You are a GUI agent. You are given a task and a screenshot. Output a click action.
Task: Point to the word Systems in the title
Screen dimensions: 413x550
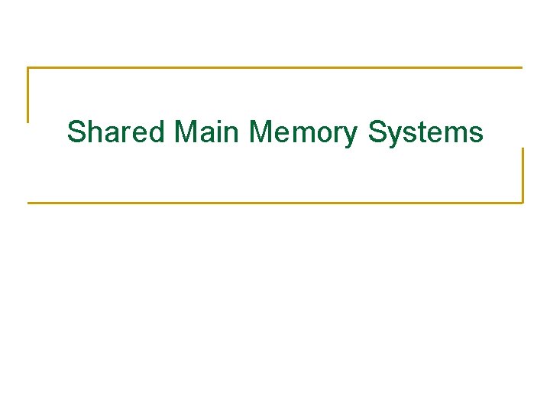[425, 132]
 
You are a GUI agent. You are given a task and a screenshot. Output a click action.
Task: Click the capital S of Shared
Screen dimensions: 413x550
[76, 132]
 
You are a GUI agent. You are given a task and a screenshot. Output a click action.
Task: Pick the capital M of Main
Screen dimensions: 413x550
[186, 132]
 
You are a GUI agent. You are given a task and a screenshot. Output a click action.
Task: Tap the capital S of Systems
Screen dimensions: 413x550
[378, 132]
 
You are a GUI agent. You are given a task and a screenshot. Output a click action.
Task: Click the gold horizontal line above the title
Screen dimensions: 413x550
[275, 68]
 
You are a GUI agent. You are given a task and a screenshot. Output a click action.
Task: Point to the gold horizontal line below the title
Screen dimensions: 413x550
[275, 203]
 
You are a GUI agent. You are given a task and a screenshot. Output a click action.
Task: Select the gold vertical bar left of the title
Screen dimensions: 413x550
[28, 95]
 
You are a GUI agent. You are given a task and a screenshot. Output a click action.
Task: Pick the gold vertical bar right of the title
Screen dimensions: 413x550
[522, 175]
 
